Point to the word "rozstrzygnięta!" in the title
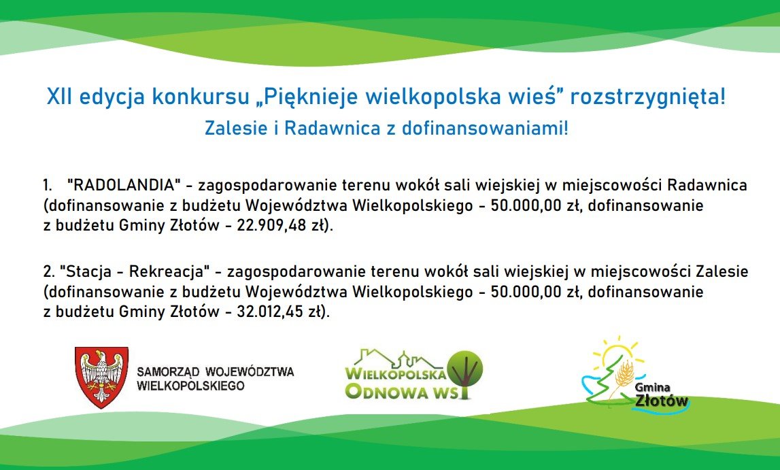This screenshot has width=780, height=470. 647,97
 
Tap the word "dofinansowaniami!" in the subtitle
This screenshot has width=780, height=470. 484,129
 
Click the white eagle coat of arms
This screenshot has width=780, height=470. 101,377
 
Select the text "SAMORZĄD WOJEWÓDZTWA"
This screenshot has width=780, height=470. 216,371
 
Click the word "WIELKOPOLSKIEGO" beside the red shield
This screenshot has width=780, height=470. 190,386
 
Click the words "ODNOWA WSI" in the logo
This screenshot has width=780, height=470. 407,391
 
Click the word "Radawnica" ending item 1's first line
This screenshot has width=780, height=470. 707,186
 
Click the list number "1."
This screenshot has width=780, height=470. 48,186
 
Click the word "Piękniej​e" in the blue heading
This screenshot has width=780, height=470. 311,97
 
